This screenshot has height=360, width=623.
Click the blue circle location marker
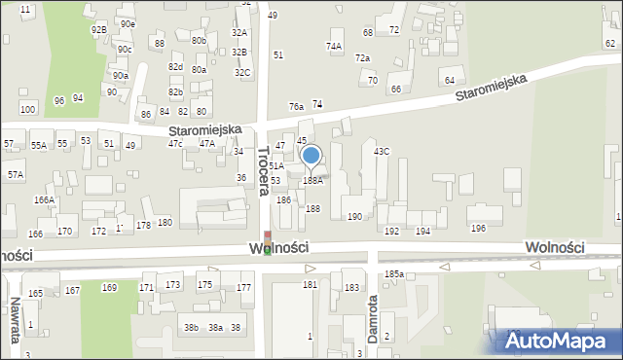[x=311, y=155]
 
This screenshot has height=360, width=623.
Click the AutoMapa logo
[x=558, y=342]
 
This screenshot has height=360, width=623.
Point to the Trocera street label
[x=263, y=170]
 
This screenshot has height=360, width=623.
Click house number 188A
[x=312, y=180]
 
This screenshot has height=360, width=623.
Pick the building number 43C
[x=382, y=151]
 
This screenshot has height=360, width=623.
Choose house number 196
[x=478, y=228]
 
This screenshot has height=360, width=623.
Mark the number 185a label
[x=393, y=274]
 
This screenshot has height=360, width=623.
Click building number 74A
[x=334, y=46]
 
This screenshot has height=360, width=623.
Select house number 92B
[x=99, y=30]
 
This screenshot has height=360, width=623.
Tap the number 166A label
[x=44, y=199]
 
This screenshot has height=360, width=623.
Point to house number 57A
[x=16, y=174]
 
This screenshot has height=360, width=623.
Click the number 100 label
[x=28, y=109]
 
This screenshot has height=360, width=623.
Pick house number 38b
[x=192, y=328]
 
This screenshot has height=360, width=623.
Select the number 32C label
[x=242, y=72]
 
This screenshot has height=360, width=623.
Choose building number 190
[x=355, y=216]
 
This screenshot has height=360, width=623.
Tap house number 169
[x=109, y=287]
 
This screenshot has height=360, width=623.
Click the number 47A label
[x=207, y=143]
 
